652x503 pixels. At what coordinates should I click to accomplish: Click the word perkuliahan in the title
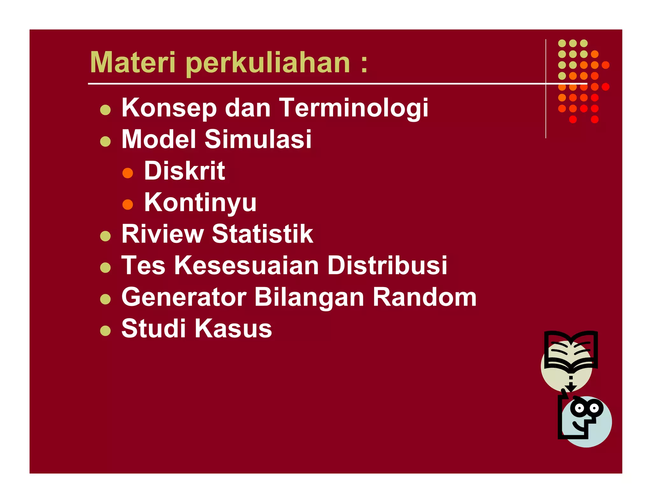(x=268, y=63)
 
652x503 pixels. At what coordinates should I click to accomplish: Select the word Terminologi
(x=354, y=108)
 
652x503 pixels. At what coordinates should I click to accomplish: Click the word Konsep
(x=169, y=108)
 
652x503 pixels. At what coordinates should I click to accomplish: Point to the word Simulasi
(x=258, y=139)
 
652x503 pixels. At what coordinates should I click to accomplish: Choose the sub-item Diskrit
(x=184, y=171)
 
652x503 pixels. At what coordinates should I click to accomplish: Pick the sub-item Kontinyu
(x=200, y=202)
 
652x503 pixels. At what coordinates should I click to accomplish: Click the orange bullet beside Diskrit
(x=128, y=173)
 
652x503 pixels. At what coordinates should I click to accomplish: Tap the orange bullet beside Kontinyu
(x=128, y=204)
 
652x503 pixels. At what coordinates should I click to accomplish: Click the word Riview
(x=162, y=234)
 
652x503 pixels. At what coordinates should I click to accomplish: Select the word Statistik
(x=262, y=234)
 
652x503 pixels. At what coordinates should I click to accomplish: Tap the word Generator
(x=184, y=297)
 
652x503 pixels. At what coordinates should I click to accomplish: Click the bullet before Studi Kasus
(x=105, y=331)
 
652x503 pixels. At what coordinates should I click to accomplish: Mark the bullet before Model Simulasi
(x=105, y=141)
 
